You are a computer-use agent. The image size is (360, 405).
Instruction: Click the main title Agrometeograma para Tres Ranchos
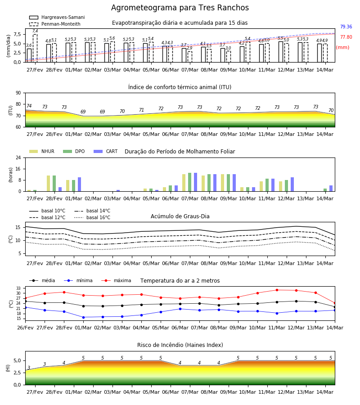click(x=180, y=8)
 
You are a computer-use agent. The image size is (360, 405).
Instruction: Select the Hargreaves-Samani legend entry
click(x=57, y=17)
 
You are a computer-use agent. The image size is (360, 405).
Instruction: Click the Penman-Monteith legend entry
click(x=55, y=24)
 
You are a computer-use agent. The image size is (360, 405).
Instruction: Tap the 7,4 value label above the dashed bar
click(x=35, y=31)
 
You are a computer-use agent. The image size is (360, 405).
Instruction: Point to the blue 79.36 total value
click(x=346, y=27)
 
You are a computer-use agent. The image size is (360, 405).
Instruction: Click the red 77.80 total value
click(x=346, y=37)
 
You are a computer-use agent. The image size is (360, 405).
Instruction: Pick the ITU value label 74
click(x=29, y=106)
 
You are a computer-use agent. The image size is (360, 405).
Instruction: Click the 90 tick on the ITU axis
click(x=18, y=93)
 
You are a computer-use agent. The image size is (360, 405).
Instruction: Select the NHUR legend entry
click(x=42, y=151)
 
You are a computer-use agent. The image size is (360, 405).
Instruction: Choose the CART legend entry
click(x=106, y=151)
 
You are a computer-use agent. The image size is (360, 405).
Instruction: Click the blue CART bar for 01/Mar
click(x=79, y=184)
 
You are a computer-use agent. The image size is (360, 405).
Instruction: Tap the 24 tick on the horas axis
click(x=18, y=157)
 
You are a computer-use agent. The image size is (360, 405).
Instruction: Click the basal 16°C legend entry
click(x=92, y=217)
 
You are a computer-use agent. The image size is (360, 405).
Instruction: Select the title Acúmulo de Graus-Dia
click(x=180, y=216)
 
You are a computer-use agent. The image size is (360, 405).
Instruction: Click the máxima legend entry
click(x=116, y=280)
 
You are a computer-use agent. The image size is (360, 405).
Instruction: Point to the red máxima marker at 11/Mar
click(x=277, y=290)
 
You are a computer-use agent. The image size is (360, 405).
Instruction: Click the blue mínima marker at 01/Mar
click(x=83, y=317)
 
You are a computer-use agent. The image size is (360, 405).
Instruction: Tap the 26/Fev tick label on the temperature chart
click(x=25, y=328)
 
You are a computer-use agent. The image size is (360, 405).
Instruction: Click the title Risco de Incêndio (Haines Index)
click(x=180, y=345)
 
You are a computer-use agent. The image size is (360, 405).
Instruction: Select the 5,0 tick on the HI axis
click(x=17, y=360)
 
